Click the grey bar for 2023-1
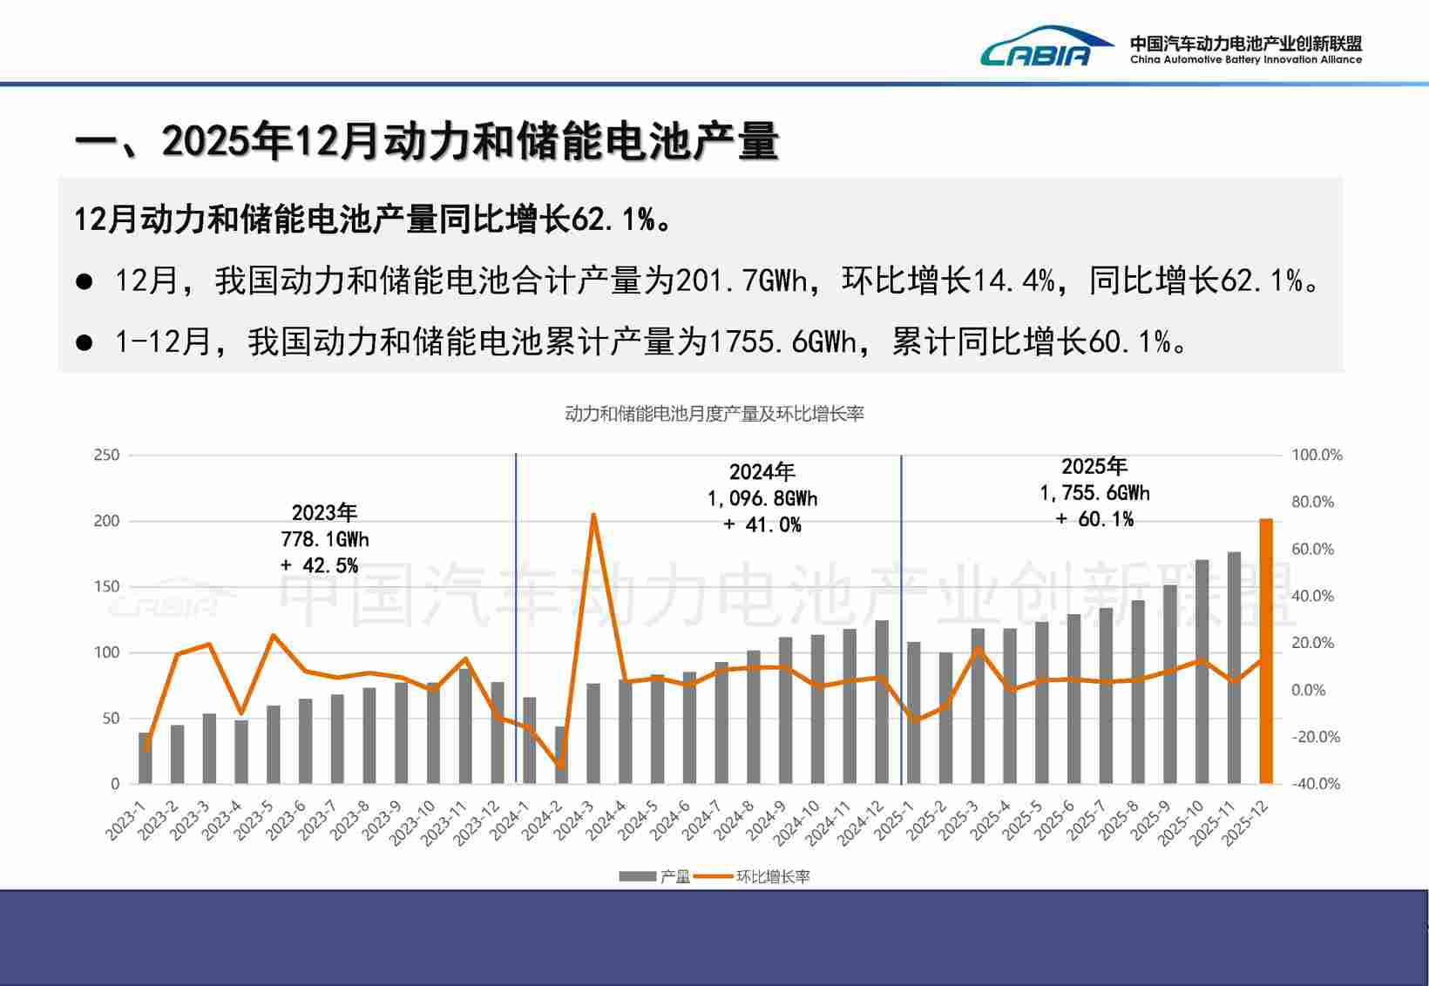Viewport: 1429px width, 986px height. pyautogui.click(x=145, y=758)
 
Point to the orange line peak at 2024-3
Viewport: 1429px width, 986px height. pyautogui.click(x=593, y=515)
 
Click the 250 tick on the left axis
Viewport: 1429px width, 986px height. pyautogui.click(x=106, y=455)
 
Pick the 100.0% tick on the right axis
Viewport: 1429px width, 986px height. pyautogui.click(x=1316, y=455)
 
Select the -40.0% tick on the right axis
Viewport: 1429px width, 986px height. pyautogui.click(x=1316, y=784)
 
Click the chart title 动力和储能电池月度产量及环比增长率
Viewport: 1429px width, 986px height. pyautogui.click(x=714, y=414)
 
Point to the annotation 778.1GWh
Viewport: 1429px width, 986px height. pyautogui.click(x=324, y=539)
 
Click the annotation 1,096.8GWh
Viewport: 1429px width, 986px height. pyautogui.click(x=762, y=498)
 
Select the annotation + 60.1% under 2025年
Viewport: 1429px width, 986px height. pyautogui.click(x=1094, y=519)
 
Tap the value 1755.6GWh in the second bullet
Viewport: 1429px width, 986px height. pyautogui.click(x=782, y=341)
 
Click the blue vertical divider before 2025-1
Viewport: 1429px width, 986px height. pyautogui.click(x=901, y=610)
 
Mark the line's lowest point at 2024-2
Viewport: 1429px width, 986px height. pyautogui.click(x=561, y=767)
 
